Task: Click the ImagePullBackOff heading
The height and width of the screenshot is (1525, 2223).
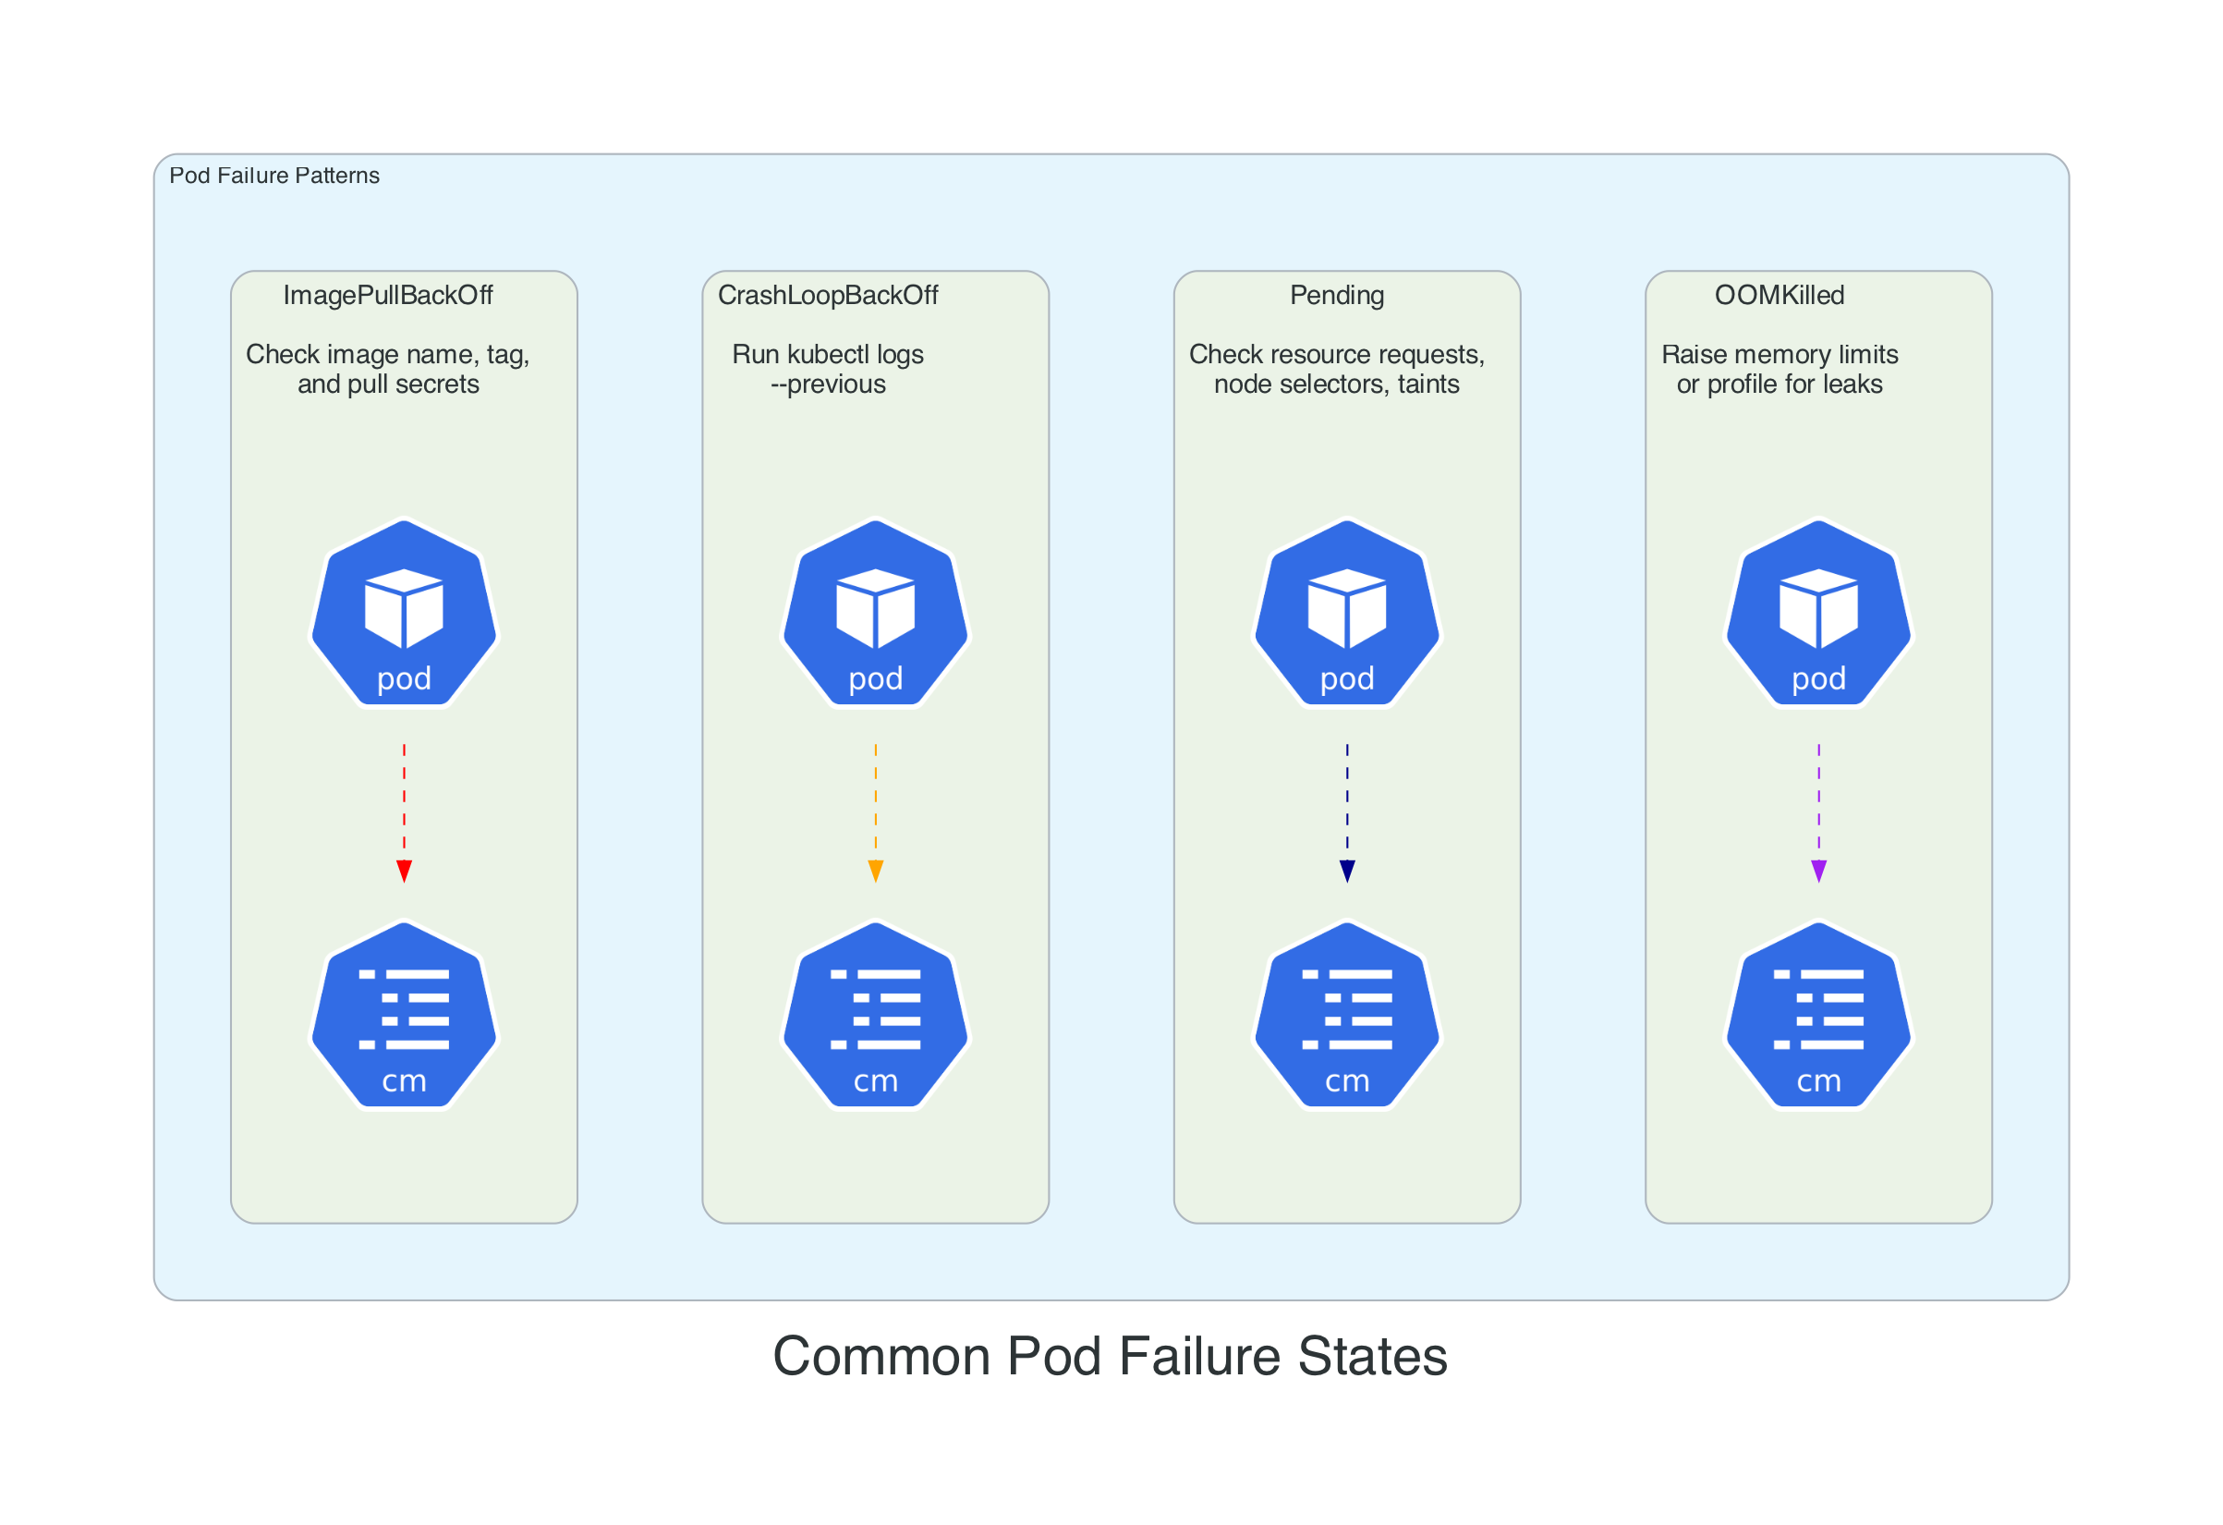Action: [x=387, y=295]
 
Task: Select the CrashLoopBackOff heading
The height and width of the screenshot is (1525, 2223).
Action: [x=828, y=295]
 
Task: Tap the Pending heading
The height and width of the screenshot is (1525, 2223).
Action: [x=1336, y=295]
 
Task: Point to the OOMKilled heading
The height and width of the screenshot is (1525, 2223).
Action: [x=1780, y=295]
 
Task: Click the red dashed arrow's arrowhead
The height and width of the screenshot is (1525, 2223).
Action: [x=404, y=871]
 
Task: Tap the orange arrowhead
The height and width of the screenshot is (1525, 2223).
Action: [x=875, y=871]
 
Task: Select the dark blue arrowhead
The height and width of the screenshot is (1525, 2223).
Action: [x=1347, y=871]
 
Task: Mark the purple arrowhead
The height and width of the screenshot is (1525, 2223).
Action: [x=1818, y=871]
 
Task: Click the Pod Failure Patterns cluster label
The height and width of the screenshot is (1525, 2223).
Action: [x=274, y=175]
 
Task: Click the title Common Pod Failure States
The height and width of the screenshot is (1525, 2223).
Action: [x=1110, y=1356]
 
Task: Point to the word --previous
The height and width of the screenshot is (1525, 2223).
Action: [x=829, y=384]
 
